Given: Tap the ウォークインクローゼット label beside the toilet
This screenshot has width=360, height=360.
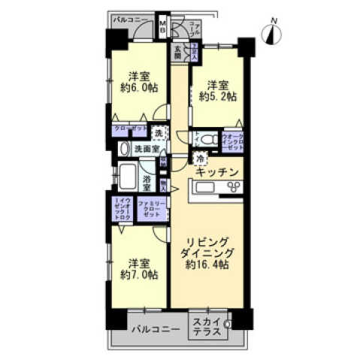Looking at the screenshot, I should [232, 141].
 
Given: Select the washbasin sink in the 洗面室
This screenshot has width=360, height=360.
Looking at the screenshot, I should [124, 149].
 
